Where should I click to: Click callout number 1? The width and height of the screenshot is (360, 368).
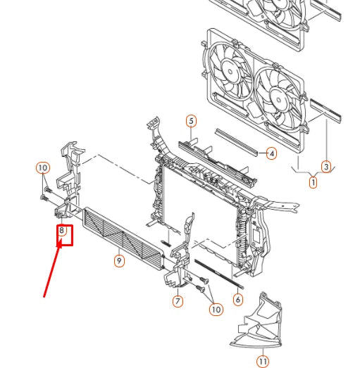tap(313, 182)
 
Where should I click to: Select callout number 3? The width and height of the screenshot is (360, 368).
tap(326, 167)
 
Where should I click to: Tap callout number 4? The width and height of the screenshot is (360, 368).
tap(272, 153)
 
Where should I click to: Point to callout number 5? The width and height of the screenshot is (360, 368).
tap(192, 121)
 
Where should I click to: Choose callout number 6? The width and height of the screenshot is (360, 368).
tap(238, 300)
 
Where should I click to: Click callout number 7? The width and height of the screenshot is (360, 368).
tap(178, 301)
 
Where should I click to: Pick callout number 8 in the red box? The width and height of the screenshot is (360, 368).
tap(61, 230)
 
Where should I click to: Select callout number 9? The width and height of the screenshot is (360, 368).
tap(119, 261)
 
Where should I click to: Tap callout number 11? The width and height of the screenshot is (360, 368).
tap(263, 362)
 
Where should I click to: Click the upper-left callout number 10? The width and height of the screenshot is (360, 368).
tap(43, 167)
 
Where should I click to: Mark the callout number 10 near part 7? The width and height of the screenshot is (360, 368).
tap(216, 310)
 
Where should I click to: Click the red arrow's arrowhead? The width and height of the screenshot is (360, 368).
tap(59, 243)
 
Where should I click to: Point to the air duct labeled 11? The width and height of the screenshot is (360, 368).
tap(257, 320)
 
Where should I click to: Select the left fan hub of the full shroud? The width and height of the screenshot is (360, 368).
tap(230, 71)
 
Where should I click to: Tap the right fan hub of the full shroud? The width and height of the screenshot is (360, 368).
tap(279, 99)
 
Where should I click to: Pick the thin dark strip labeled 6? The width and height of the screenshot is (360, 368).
tap(219, 274)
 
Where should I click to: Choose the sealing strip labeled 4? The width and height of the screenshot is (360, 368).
tap(237, 142)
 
